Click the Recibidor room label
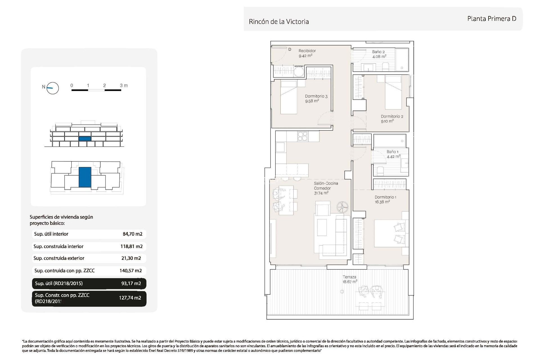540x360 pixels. click(307, 51)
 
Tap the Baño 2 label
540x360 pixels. click(378, 52)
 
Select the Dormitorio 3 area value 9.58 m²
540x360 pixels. click(312, 101)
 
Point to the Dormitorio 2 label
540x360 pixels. click(392, 116)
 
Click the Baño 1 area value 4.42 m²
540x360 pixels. click(393, 157)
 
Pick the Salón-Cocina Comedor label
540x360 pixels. click(326, 186)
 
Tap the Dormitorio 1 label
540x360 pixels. click(385, 197)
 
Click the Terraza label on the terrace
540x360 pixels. click(349, 277)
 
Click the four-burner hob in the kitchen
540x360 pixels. click(303, 136)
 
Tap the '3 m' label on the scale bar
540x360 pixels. click(123, 85)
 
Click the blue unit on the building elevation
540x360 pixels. click(85, 139)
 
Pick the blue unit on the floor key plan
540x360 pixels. click(85, 177)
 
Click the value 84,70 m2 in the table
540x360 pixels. click(132, 234)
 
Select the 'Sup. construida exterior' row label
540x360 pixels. click(59, 258)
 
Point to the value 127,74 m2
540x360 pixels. click(130, 298)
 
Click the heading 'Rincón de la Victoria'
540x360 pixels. click(278, 22)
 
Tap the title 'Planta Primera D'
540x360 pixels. click(491, 19)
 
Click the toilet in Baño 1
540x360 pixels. click(380, 171)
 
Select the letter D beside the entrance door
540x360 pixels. click(290, 49)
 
